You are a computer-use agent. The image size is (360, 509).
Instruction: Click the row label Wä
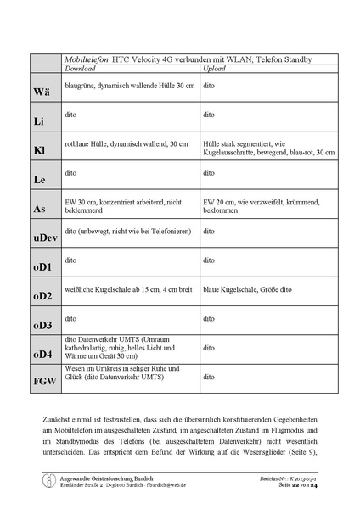pos(42,91)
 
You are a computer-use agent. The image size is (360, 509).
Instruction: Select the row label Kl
pos(39,150)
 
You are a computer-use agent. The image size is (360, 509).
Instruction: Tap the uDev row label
pos(44,238)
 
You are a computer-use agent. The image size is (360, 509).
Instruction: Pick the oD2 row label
pos(43,295)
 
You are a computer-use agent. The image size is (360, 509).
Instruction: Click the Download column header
pos(81,68)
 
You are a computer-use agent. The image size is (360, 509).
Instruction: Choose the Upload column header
pos(214,68)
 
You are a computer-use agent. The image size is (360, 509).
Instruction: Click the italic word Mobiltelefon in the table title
pos(90,59)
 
